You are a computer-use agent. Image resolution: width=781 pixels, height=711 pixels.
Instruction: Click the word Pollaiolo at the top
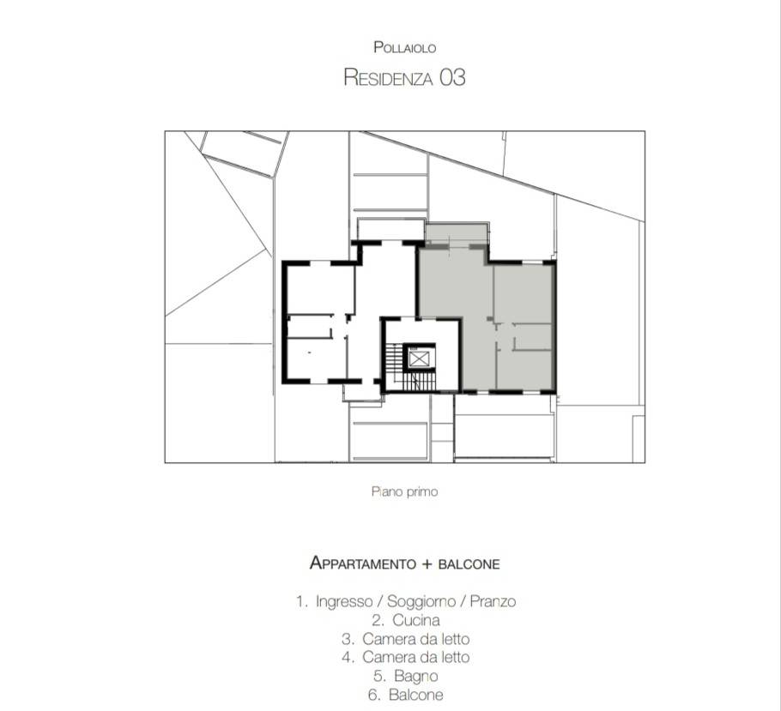coord(405,48)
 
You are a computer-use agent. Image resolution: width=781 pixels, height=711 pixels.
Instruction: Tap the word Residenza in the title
coord(387,78)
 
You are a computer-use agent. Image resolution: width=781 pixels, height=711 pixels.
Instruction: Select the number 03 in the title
coord(451,78)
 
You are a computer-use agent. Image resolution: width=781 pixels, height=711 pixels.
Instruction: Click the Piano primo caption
coord(404,492)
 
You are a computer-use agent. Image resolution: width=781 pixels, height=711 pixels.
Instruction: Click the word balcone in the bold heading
coord(469,564)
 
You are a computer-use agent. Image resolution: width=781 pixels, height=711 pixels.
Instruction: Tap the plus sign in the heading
coord(427,564)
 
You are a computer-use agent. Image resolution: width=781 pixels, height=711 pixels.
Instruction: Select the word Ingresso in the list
coord(344,601)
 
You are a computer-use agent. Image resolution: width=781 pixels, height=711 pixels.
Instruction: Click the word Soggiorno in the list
coord(421,601)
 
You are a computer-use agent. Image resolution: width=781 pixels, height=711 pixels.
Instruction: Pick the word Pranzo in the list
coord(493,601)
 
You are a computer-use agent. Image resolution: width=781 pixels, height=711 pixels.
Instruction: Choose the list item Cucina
coord(416,620)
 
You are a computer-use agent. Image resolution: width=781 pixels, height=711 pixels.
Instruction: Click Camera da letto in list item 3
coord(416,639)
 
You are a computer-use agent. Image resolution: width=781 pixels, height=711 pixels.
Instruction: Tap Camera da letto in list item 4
coord(416,657)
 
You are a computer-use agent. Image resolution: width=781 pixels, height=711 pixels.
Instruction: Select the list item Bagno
coord(416,676)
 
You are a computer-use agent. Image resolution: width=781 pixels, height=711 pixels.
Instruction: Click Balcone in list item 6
coord(416,695)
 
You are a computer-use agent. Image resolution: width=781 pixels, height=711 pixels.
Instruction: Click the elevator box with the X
coord(419,359)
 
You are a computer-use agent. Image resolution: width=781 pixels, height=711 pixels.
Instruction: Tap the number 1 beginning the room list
coord(300,601)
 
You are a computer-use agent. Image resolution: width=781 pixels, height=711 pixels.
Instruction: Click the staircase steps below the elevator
coord(419,382)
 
